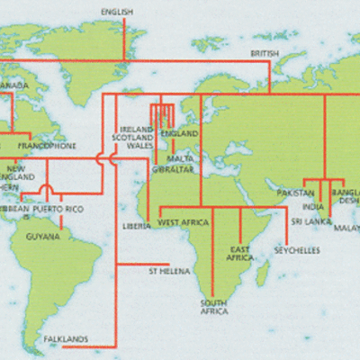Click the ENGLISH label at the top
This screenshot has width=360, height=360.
coord(118,12)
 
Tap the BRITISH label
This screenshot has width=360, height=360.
coord(265,54)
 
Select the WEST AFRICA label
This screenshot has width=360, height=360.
coord(184,221)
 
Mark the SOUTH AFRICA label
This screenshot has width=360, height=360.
coord(213,307)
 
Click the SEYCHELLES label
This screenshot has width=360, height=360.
coord(297,249)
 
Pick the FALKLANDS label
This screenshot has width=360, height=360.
coord(66,339)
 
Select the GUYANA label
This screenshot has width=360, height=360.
coord(43,237)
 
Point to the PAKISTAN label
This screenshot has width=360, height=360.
coord(295,193)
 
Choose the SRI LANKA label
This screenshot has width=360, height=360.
coord(308,220)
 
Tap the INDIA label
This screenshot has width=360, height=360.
coord(314,206)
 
